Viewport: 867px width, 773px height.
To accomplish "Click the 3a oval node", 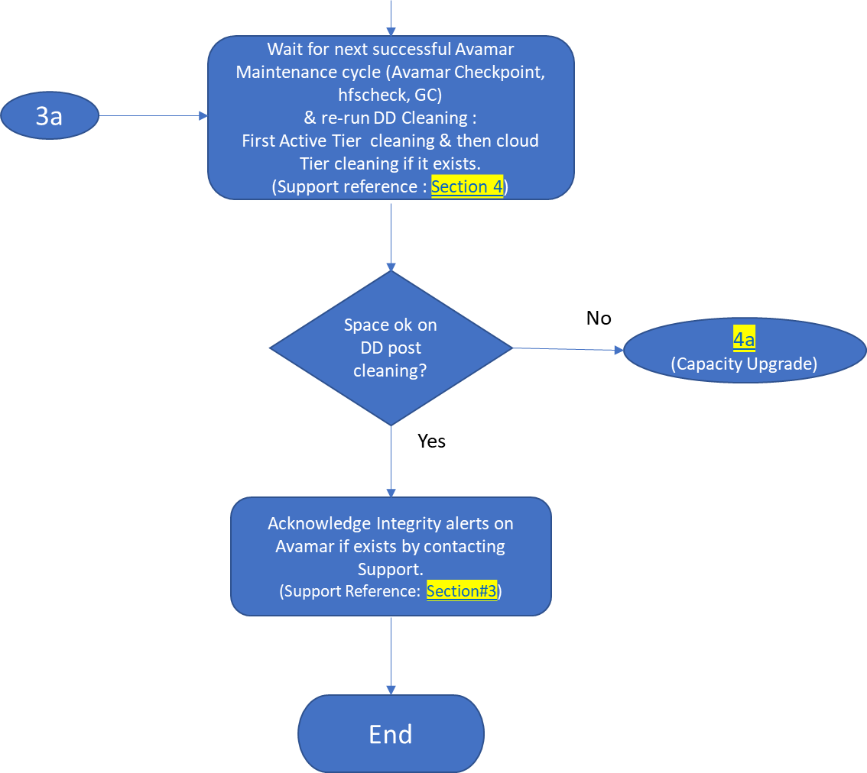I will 50,116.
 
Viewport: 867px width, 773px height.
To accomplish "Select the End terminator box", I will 391,733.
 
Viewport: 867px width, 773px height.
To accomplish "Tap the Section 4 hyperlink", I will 467,186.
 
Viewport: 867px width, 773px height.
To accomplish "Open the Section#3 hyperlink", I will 462,590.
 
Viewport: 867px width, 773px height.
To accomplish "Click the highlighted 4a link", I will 744,340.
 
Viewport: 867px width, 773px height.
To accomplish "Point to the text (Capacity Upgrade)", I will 744,364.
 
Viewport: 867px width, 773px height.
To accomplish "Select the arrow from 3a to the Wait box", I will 153,116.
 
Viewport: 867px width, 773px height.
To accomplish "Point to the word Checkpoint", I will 505,73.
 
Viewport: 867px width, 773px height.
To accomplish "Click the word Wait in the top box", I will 284,50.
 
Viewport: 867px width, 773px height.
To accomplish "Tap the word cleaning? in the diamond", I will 390,371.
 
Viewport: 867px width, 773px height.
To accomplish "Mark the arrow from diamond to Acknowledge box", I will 391,461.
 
